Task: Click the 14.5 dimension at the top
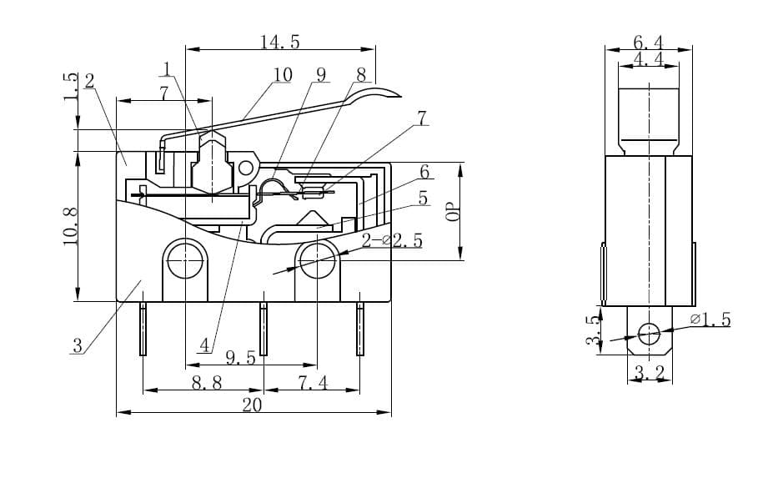tap(279, 42)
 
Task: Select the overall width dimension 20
tap(252, 405)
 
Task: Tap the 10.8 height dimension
tap(70, 225)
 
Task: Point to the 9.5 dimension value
tap(240, 358)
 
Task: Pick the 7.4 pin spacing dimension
tap(313, 383)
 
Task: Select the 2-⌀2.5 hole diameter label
tap(391, 241)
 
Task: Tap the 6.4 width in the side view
tap(648, 42)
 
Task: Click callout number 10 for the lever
tap(283, 75)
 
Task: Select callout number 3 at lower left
tap(78, 345)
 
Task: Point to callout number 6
tap(424, 173)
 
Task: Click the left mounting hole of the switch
tap(184, 261)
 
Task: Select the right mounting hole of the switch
tap(318, 261)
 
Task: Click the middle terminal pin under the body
tap(264, 329)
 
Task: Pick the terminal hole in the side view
tap(649, 335)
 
